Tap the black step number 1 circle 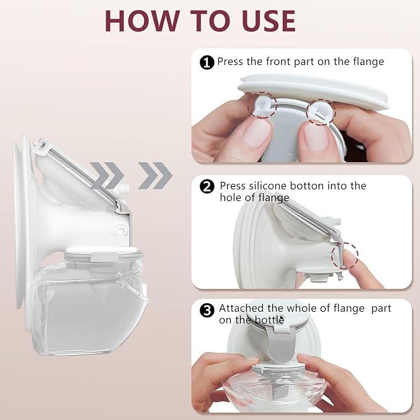click(207, 62)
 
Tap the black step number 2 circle click(208, 186)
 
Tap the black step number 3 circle click(208, 309)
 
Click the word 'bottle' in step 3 click(270, 320)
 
